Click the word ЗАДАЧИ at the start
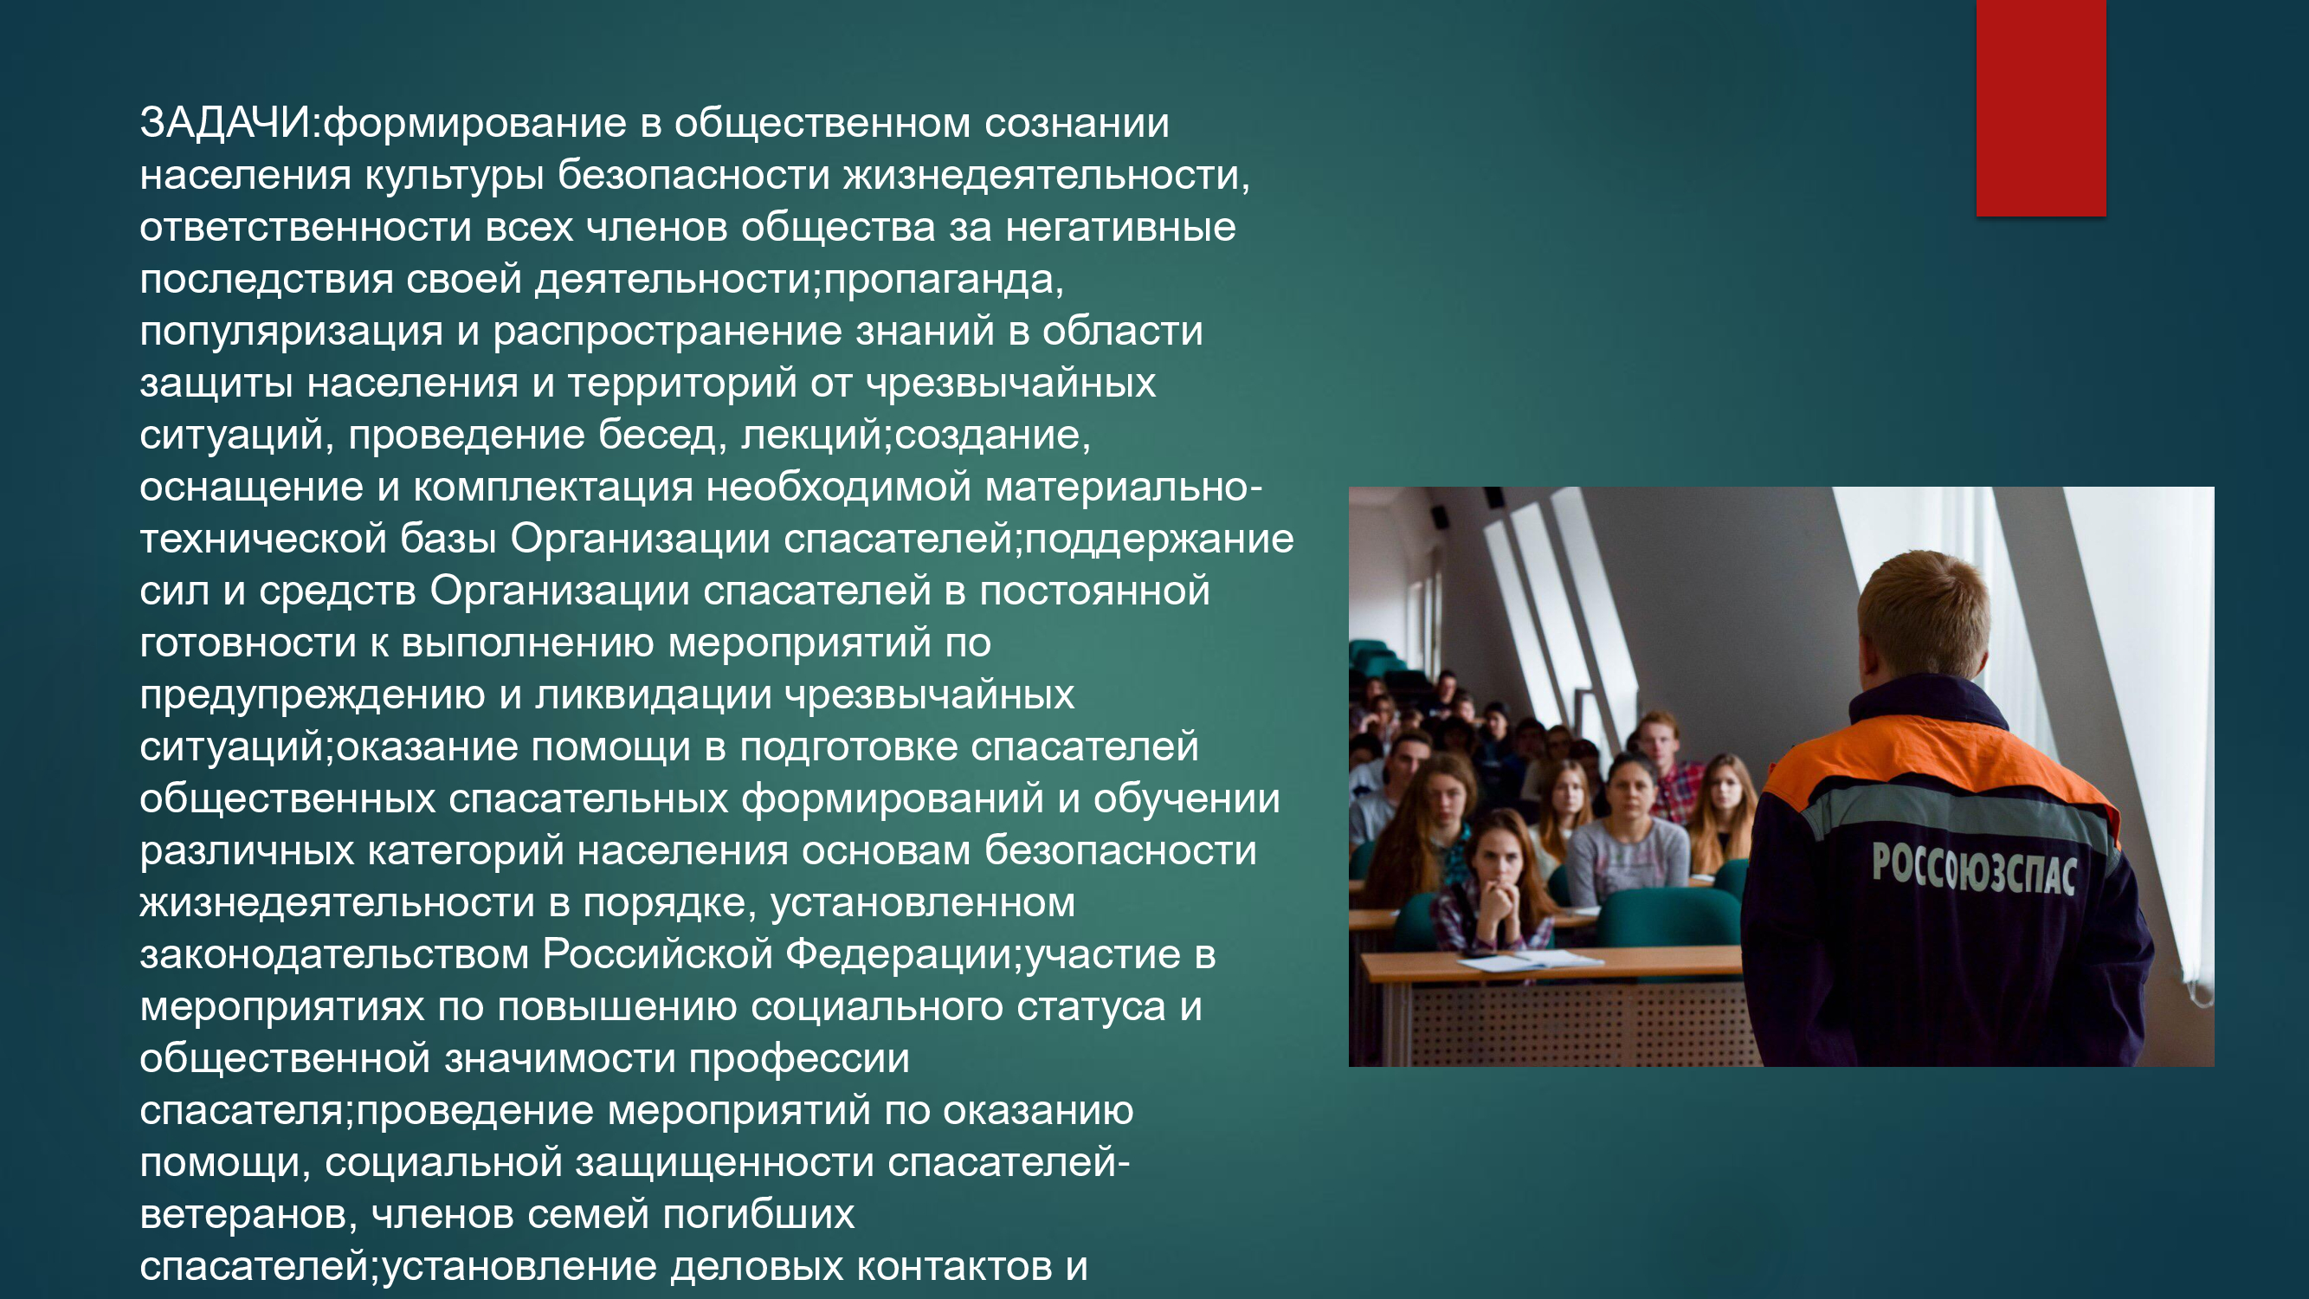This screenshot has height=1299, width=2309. (224, 123)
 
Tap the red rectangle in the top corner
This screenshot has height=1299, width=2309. (2041, 107)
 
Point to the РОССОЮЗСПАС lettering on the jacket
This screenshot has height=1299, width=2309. (1974, 868)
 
